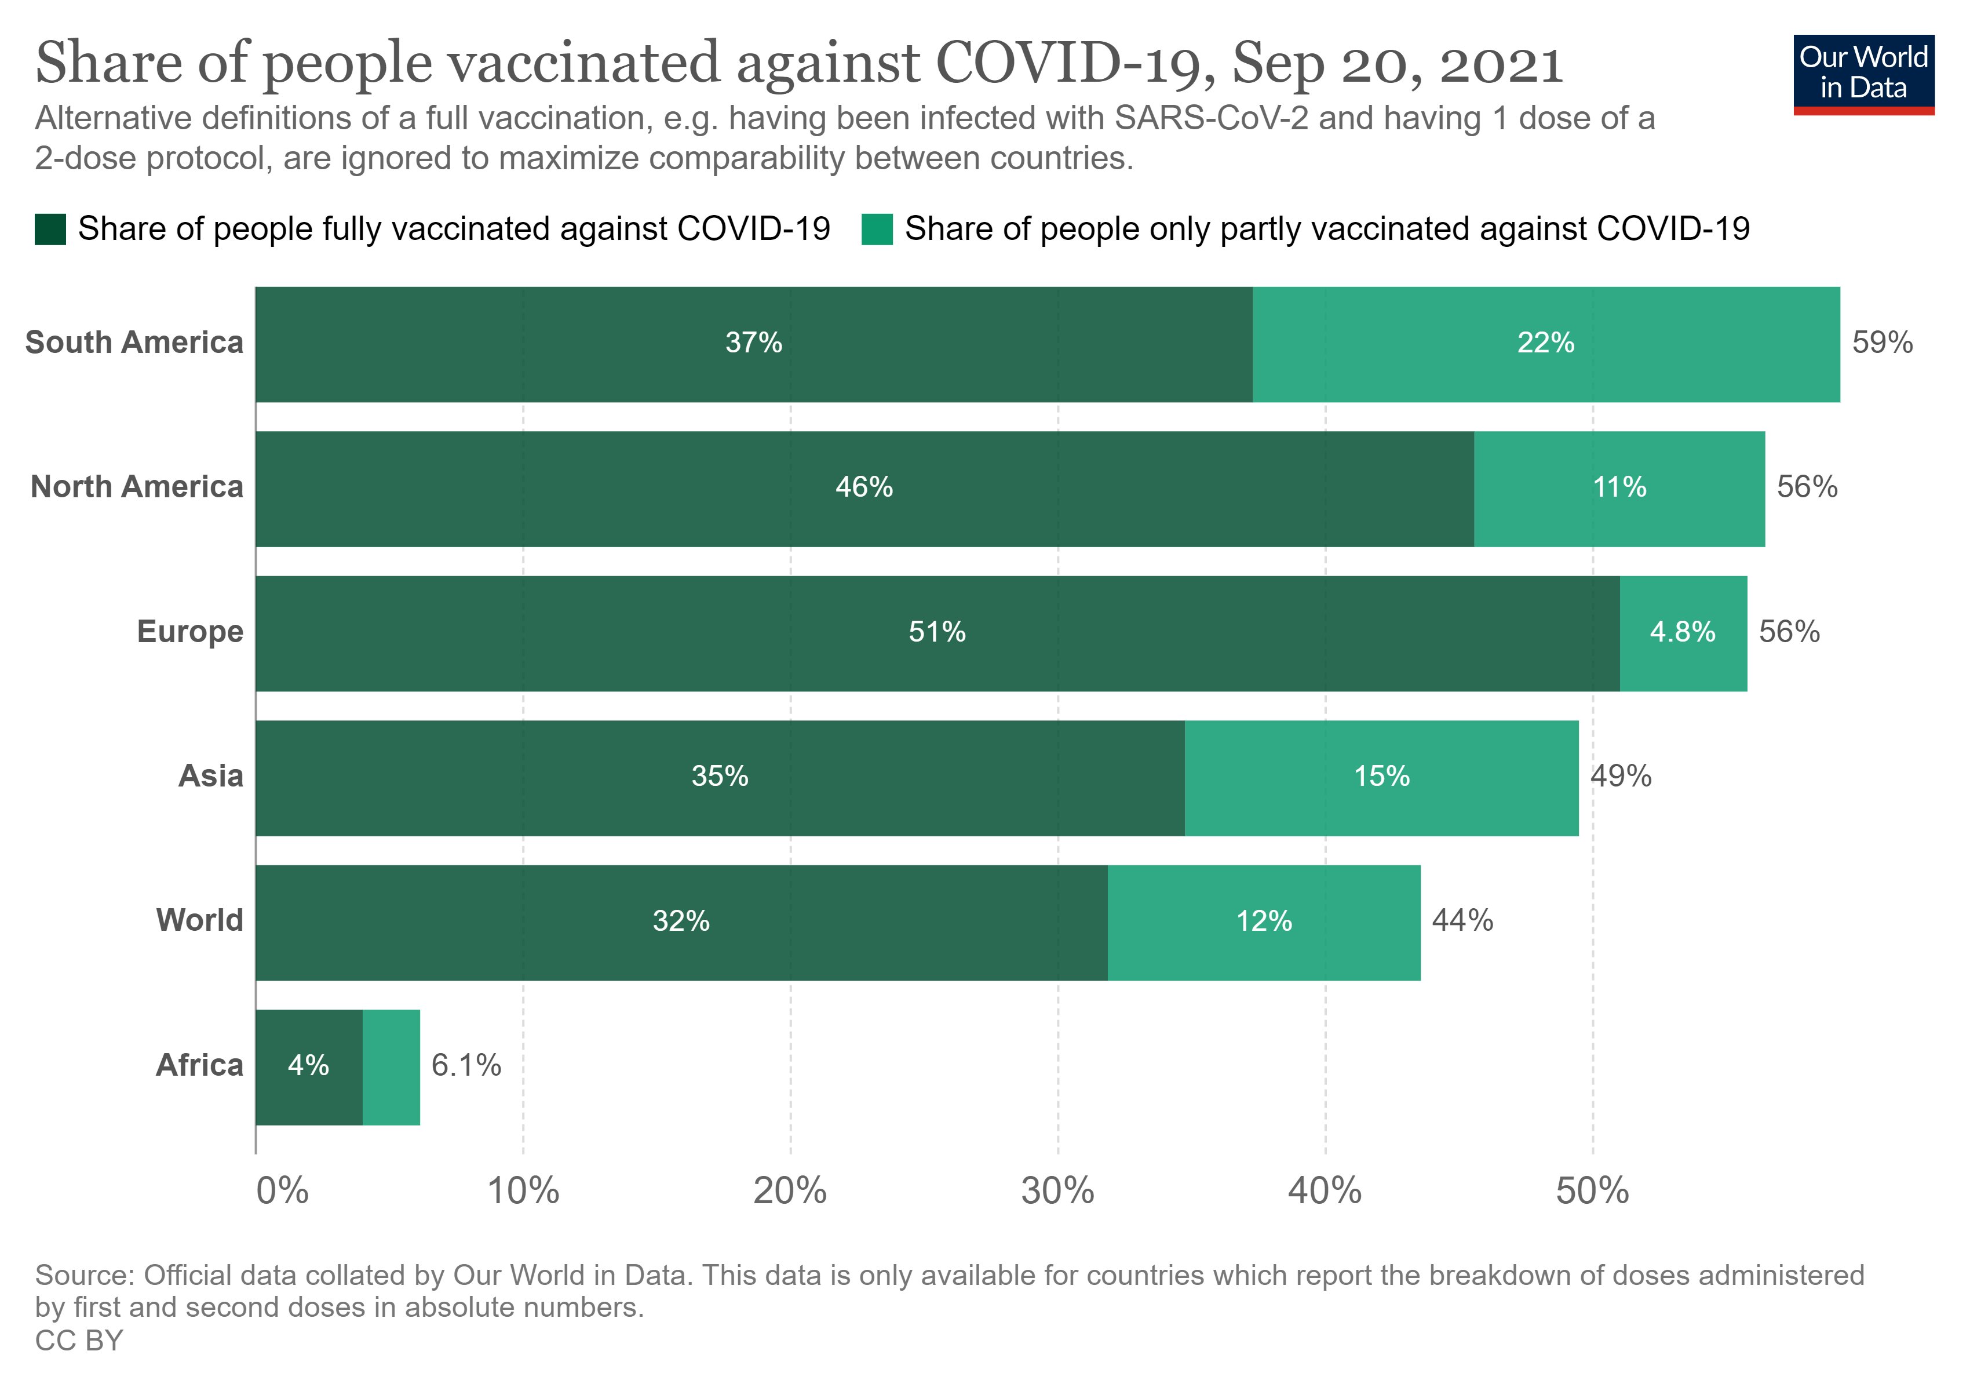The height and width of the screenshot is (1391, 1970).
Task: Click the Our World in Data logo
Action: click(x=1863, y=74)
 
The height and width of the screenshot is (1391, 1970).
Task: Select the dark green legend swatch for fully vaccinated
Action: click(x=50, y=229)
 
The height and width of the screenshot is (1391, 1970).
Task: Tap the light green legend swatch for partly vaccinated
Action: click(x=876, y=229)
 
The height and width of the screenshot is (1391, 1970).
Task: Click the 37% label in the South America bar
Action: click(x=753, y=343)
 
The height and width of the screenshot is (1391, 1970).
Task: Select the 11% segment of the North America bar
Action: click(x=1619, y=487)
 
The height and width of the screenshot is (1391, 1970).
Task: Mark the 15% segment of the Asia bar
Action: click(x=1381, y=777)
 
